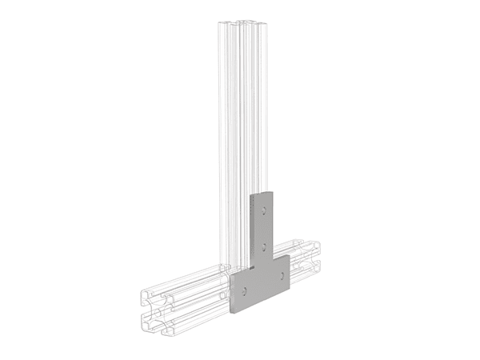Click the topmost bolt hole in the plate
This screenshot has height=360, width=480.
pyautogui.click(x=262, y=211)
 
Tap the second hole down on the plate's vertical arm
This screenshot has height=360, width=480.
pyautogui.click(x=263, y=242)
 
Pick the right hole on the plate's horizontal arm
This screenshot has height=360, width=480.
pyautogui.click(x=282, y=274)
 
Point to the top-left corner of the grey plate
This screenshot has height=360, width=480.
pyautogui.click(x=251, y=195)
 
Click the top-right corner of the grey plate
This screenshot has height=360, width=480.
pyautogui.click(x=274, y=190)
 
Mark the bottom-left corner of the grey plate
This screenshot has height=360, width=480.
pyautogui.click(x=232, y=310)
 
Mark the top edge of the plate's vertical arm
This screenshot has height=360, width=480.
pyautogui.click(x=262, y=193)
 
